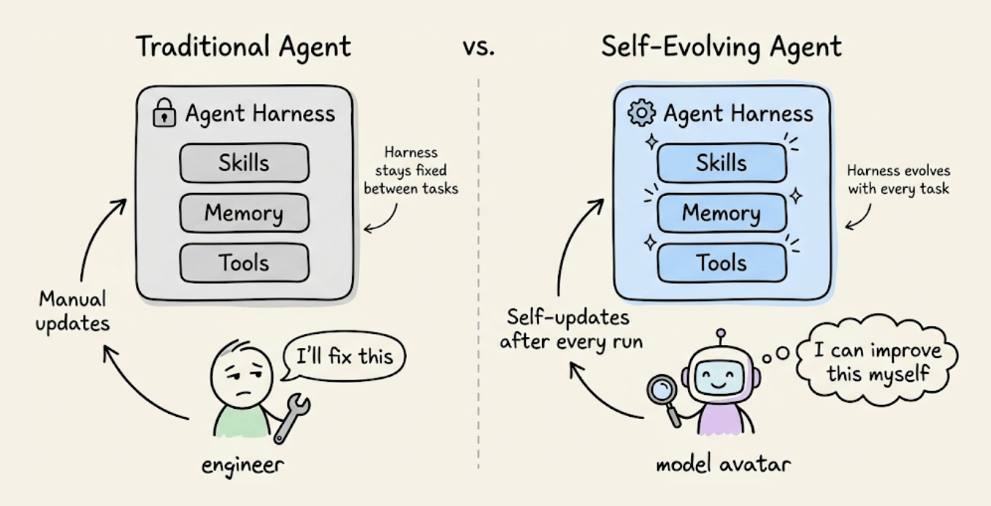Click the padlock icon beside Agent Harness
pos(164,115)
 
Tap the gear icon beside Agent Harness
pos(641,114)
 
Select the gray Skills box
pos(244,163)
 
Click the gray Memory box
pos(244,213)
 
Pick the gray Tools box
pos(244,263)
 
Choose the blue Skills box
pos(722,163)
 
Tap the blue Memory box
pos(722,213)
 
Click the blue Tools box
pos(722,263)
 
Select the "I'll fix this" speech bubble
pos(344,357)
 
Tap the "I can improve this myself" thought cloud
pos(877,361)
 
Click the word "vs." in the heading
pos(478,48)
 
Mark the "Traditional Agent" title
pos(244,47)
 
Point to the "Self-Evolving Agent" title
pos(722,47)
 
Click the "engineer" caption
pos(242,465)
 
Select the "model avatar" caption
pos(722,464)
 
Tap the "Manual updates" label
pos(72,310)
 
